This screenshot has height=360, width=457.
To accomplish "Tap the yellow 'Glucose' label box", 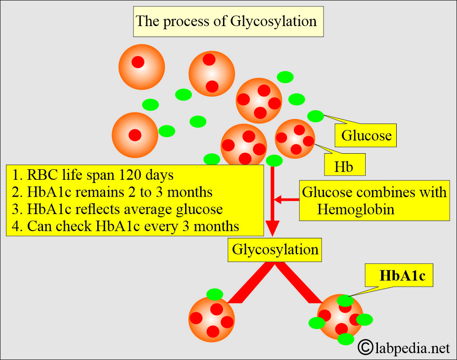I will tap(367, 135).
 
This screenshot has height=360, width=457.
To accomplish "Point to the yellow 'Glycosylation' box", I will tap(275, 250).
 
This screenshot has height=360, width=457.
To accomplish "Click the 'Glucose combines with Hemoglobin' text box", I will tap(373, 200).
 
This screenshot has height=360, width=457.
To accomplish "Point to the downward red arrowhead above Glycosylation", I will tap(273, 227).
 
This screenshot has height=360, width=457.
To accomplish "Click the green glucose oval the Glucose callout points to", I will tap(315, 116).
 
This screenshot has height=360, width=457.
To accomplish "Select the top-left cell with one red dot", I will tap(141, 67).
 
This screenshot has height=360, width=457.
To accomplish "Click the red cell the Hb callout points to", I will tap(295, 139).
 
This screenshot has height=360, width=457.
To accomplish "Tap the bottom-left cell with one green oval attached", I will tap(212, 319).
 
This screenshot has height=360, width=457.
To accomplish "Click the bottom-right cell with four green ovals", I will tap(340, 317).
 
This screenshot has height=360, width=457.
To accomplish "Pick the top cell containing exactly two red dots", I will tap(212, 74).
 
